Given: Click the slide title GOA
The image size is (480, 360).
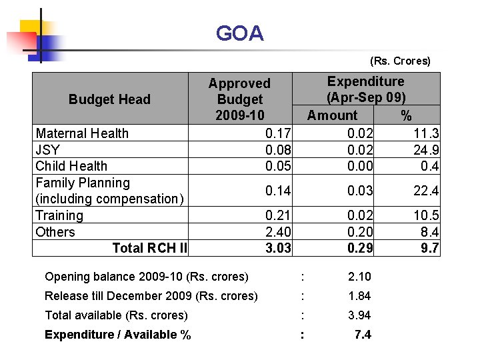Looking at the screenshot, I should coord(240,33).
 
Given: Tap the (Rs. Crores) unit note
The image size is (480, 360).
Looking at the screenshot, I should coord(400,61).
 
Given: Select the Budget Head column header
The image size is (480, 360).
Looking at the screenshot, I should coord(109,99).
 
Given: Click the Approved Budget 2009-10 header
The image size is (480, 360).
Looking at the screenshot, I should coord(239,99).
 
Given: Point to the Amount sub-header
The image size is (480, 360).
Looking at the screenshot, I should coord(332,115).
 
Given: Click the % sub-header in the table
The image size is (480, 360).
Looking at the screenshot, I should coord(406,115).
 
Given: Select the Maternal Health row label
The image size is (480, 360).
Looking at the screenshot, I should coord(82,133).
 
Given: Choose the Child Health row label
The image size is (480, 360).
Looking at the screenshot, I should coord(71,166).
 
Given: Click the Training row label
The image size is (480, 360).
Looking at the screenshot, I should coord(59,215).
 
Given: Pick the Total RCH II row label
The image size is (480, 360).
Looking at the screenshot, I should coord(150,248).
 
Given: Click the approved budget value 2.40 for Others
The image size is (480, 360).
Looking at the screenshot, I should coord(278,232).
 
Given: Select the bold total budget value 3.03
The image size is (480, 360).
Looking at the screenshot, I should coord(278,248).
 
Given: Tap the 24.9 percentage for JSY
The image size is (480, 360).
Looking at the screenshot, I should coord(426,149).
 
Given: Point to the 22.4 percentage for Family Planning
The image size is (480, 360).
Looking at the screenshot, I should coord(426,191).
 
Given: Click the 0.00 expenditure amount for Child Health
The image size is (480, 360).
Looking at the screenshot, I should coord(360,166).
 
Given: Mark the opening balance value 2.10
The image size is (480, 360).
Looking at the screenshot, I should coord(360,277).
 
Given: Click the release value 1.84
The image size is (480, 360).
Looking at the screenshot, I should coord(360,296).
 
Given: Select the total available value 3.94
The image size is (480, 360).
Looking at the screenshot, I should coord(360,315).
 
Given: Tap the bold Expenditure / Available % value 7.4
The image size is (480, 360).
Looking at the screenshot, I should coord(363,335).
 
